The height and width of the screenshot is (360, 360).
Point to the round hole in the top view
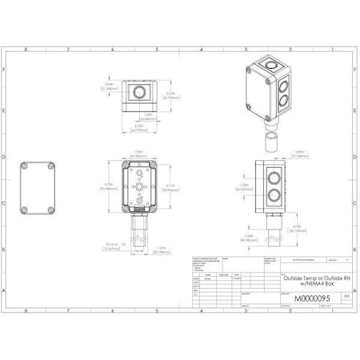click(140, 94)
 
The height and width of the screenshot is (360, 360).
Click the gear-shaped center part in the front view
click(140, 187)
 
